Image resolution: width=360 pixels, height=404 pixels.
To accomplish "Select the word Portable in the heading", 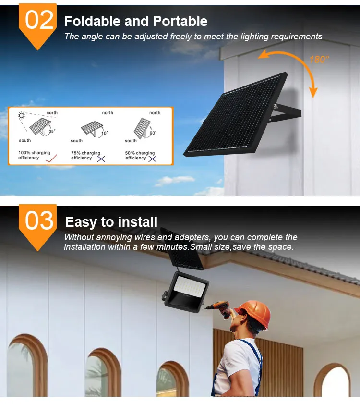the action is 180,21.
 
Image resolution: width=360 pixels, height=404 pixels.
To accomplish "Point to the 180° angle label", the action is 319,60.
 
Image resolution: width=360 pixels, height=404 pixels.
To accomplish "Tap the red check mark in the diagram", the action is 51,158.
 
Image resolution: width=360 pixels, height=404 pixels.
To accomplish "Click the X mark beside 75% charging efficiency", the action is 101,159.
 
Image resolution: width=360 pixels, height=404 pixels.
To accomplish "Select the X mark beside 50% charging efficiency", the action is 153,159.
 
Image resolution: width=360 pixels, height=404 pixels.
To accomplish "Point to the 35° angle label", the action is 52,131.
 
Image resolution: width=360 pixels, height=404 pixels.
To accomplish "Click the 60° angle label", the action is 153,133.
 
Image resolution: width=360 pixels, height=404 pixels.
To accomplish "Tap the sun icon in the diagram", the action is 22,115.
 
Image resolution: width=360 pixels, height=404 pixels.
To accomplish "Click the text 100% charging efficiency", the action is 34,155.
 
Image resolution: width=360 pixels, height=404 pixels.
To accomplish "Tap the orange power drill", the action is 219,307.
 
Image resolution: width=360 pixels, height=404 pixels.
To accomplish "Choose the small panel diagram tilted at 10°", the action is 92,128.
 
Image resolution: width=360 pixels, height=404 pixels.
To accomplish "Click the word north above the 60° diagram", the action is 155,113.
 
